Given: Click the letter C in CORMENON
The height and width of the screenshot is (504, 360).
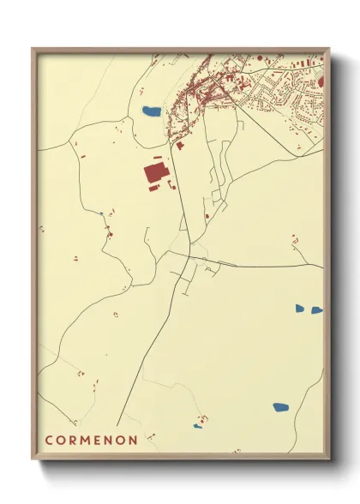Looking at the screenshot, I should click(x=50, y=441).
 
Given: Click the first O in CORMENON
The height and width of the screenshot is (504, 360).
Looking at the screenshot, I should click(x=63, y=441).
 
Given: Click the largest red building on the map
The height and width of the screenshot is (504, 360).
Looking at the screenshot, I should click(x=155, y=176).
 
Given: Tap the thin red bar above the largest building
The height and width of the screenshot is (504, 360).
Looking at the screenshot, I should click(x=157, y=158).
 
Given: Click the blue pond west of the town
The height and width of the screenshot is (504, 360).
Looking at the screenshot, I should click(x=151, y=111).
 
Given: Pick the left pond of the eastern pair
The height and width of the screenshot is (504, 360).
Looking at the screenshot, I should click(x=300, y=308).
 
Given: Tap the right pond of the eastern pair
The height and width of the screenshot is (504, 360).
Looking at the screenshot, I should click(x=317, y=309).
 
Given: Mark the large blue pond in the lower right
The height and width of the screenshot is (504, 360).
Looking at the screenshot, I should click(x=281, y=407).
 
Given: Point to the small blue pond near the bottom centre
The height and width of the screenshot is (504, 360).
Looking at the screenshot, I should click(x=198, y=426).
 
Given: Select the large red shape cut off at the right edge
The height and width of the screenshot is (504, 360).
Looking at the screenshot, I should click(x=321, y=81).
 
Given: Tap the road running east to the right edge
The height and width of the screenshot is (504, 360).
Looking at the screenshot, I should click(x=274, y=266).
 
